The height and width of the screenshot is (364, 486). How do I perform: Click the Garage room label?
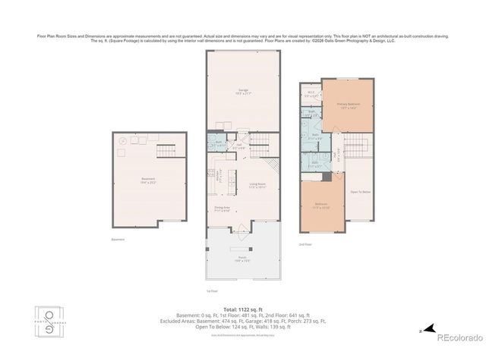(243, 92)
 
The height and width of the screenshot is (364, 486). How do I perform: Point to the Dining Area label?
(222, 209)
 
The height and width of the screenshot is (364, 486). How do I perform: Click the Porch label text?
(242, 258)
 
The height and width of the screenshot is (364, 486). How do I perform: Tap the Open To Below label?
(359, 193)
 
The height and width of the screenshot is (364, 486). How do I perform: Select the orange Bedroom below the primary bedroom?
(321, 206)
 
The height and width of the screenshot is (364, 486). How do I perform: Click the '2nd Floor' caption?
(306, 245)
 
